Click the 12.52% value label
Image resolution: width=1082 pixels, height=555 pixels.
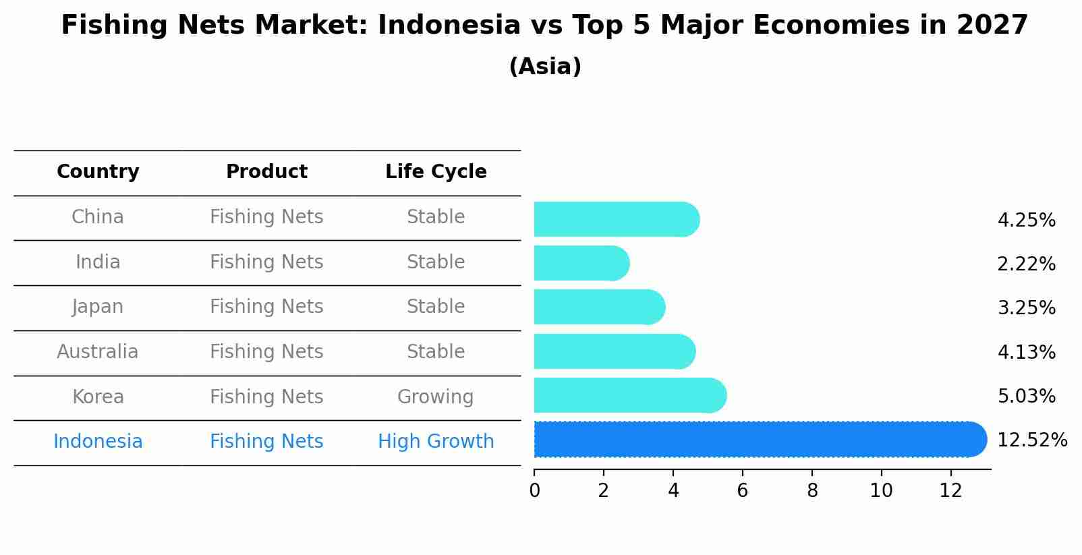point(1031,440)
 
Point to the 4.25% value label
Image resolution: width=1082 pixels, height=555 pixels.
point(1026,221)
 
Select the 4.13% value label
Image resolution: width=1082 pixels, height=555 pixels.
point(1026,352)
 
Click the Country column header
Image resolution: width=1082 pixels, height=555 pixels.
point(98,172)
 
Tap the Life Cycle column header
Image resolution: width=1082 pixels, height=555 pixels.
point(436,172)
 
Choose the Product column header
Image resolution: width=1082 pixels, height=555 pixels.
point(266,172)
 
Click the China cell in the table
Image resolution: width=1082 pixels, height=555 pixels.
point(98,217)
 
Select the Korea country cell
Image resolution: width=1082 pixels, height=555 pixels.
point(98,397)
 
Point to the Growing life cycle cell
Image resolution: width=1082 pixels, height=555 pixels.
point(435,397)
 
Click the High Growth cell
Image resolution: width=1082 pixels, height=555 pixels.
point(436,442)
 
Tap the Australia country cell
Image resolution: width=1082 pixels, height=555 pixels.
point(98,352)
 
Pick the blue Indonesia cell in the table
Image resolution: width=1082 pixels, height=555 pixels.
point(98,442)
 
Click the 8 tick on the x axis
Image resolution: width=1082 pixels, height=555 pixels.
point(812,491)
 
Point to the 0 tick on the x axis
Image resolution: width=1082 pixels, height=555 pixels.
point(535,491)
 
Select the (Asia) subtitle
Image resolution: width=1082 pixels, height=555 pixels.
point(545,67)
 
